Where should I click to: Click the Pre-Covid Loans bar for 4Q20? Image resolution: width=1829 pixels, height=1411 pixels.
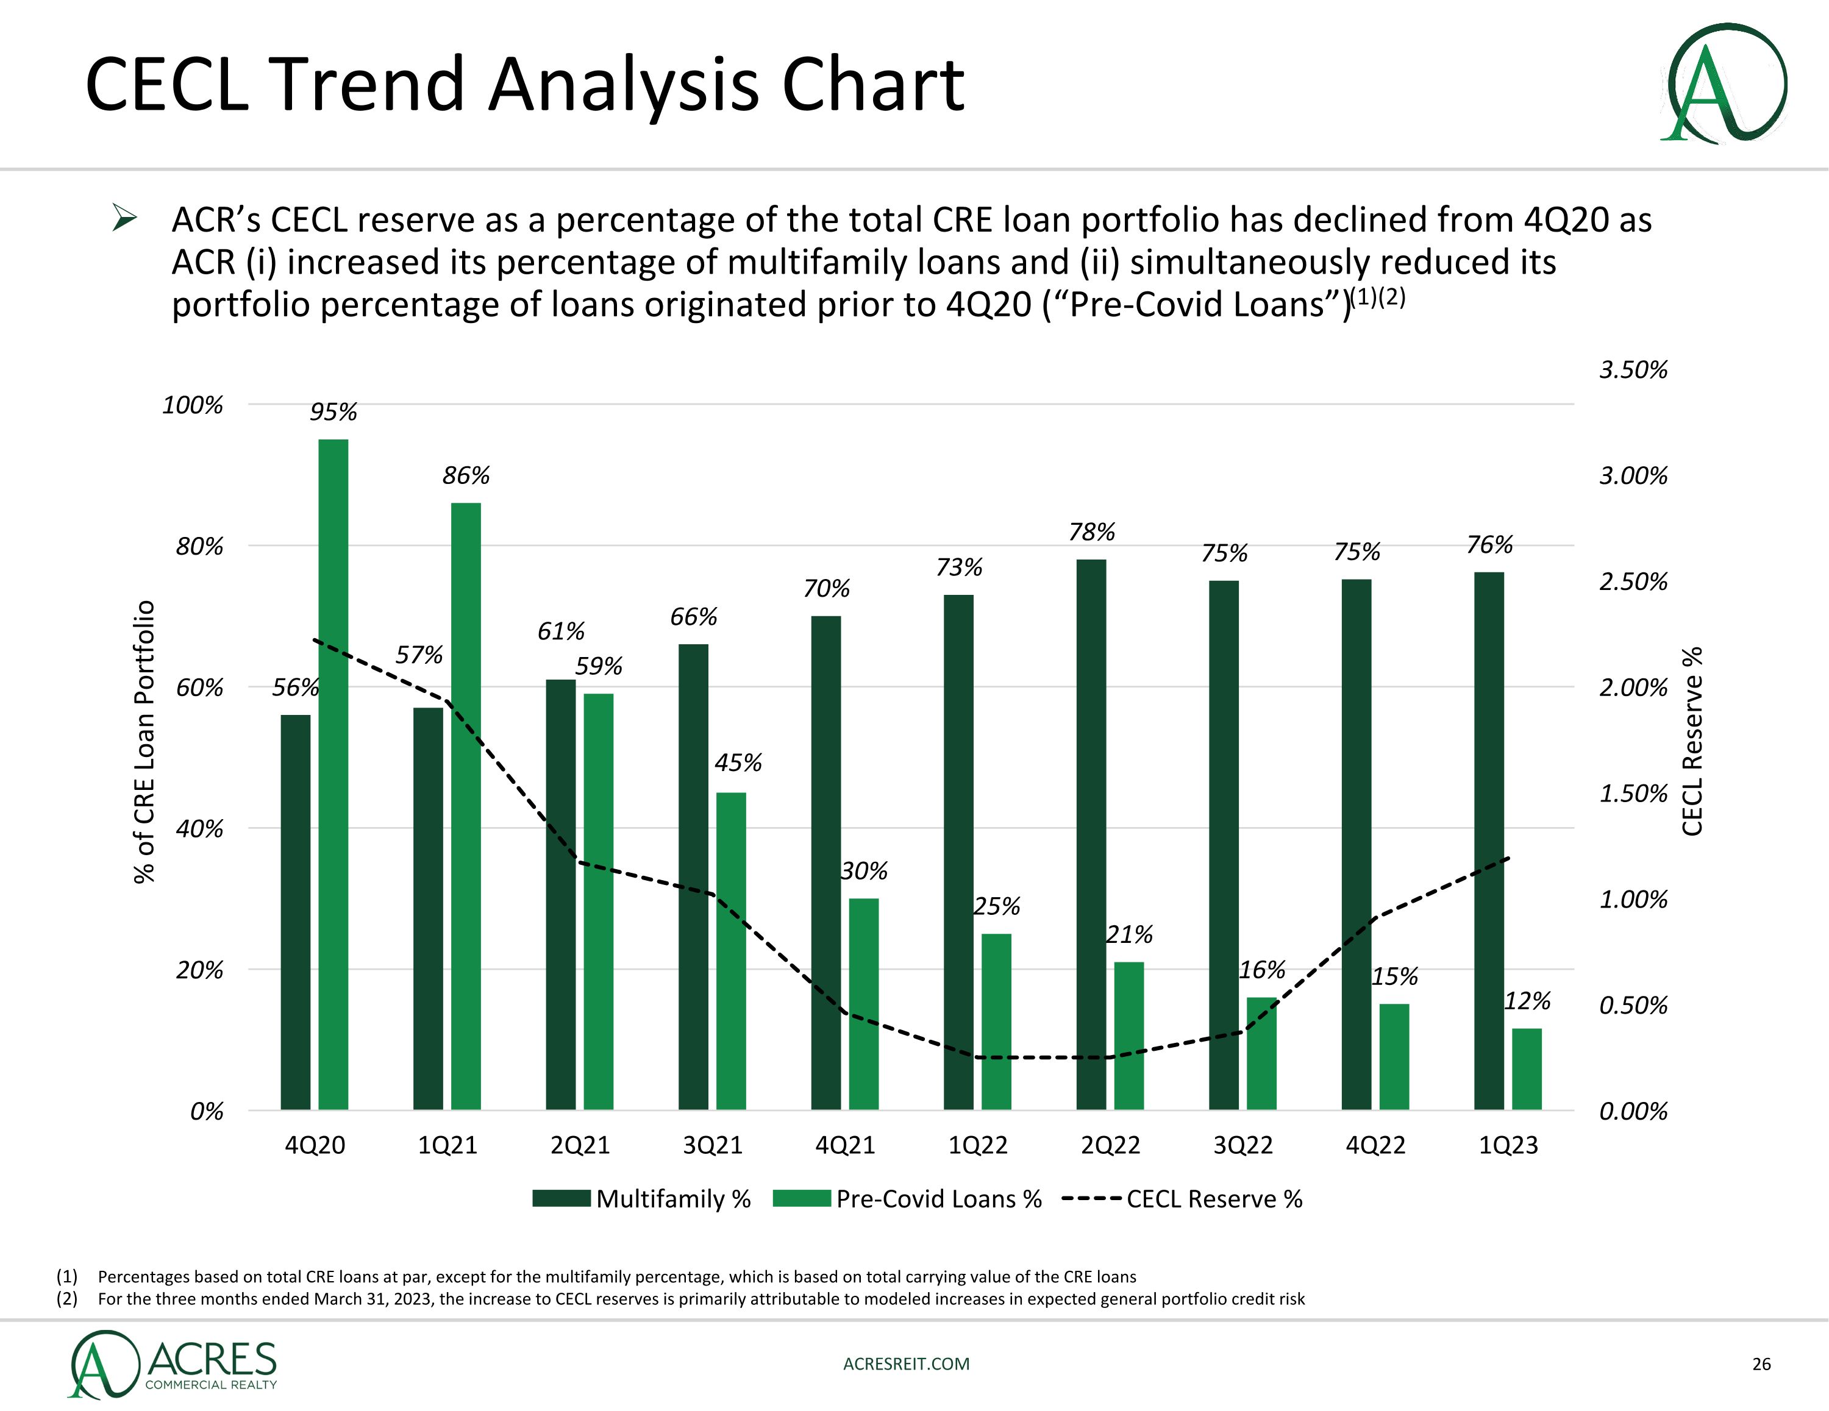click(333, 775)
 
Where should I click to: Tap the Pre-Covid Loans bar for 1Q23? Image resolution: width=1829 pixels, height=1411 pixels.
click(1527, 1068)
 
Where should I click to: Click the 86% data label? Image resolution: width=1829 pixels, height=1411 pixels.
click(466, 475)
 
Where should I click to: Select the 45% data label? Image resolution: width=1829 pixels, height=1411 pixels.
click(738, 763)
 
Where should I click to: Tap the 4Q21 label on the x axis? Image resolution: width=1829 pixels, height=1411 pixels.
click(845, 1145)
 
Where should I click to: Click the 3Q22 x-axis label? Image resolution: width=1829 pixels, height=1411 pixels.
click(1243, 1145)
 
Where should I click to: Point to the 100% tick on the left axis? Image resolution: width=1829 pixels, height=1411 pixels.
click(193, 405)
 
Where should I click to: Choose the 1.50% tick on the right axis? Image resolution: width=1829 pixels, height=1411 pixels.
click(1633, 793)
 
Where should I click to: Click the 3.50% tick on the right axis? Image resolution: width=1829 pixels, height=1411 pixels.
click(1633, 369)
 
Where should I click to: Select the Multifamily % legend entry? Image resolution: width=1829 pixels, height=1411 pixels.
click(643, 1199)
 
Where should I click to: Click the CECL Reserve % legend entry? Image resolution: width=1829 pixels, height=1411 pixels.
click(1183, 1199)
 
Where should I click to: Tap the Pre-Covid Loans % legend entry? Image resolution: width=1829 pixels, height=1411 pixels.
click(907, 1199)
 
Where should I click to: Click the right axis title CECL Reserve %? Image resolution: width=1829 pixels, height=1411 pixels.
click(1692, 741)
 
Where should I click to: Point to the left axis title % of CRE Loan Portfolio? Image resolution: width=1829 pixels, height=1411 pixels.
click(144, 741)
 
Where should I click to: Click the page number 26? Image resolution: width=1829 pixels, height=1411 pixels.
click(1761, 1364)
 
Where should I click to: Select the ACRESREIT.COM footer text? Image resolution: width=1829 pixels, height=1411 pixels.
click(906, 1364)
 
